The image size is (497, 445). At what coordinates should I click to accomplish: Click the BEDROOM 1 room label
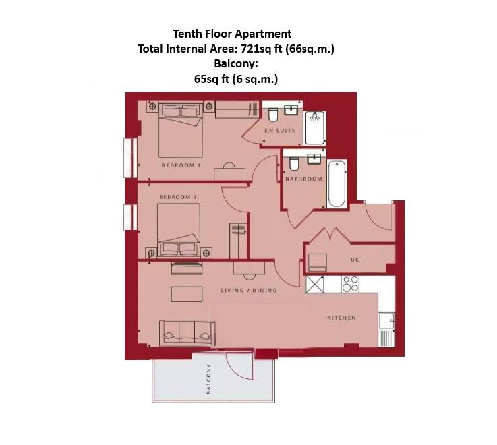(181, 165)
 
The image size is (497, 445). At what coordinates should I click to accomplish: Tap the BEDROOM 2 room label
(178, 197)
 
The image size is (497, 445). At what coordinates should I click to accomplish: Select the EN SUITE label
(280, 131)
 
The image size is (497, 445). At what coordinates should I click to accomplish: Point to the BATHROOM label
(303, 179)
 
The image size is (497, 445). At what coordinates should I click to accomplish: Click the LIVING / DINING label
(249, 291)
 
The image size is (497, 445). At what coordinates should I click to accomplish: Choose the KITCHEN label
(341, 318)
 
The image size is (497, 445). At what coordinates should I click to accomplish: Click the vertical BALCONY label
(209, 380)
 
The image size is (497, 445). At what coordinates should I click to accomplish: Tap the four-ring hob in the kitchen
(350, 284)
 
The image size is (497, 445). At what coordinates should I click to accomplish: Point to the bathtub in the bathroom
(336, 183)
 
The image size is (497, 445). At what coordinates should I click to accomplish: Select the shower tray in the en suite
(315, 128)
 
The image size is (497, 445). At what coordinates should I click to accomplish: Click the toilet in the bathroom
(294, 165)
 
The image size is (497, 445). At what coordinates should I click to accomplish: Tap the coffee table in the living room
(187, 295)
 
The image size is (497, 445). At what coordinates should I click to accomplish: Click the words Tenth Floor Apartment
(232, 34)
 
